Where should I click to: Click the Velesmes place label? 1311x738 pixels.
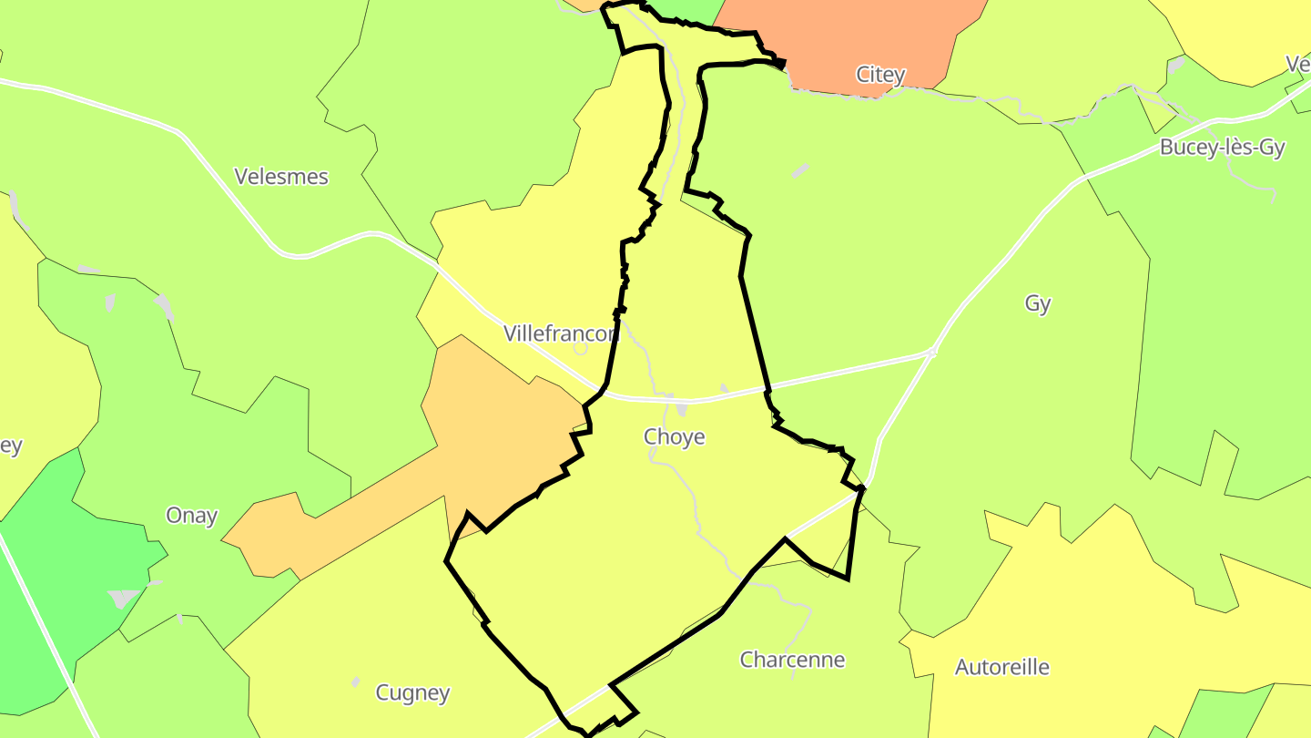pos(281,177)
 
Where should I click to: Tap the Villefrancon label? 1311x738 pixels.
pos(562,333)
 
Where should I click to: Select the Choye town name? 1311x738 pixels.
pos(675,437)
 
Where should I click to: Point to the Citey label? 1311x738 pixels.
pos(880,75)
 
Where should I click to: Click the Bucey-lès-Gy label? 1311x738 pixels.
pos(1222,149)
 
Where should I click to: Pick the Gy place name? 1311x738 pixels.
pos(1038,303)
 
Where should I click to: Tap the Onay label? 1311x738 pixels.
pos(191,516)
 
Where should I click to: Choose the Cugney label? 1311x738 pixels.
pos(412,693)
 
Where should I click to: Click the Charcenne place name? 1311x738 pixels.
pos(792,660)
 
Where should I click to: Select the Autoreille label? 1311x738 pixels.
pos(1001,668)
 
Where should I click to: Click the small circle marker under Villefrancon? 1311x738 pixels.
pos(580,348)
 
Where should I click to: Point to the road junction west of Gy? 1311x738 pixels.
pos(930,353)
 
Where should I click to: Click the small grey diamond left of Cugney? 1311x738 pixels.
pos(355,682)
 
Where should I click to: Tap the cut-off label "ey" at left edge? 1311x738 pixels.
pos(11,446)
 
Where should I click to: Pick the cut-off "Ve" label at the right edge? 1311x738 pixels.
pos(1298,64)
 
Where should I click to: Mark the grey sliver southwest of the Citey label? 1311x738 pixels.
pos(799,170)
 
